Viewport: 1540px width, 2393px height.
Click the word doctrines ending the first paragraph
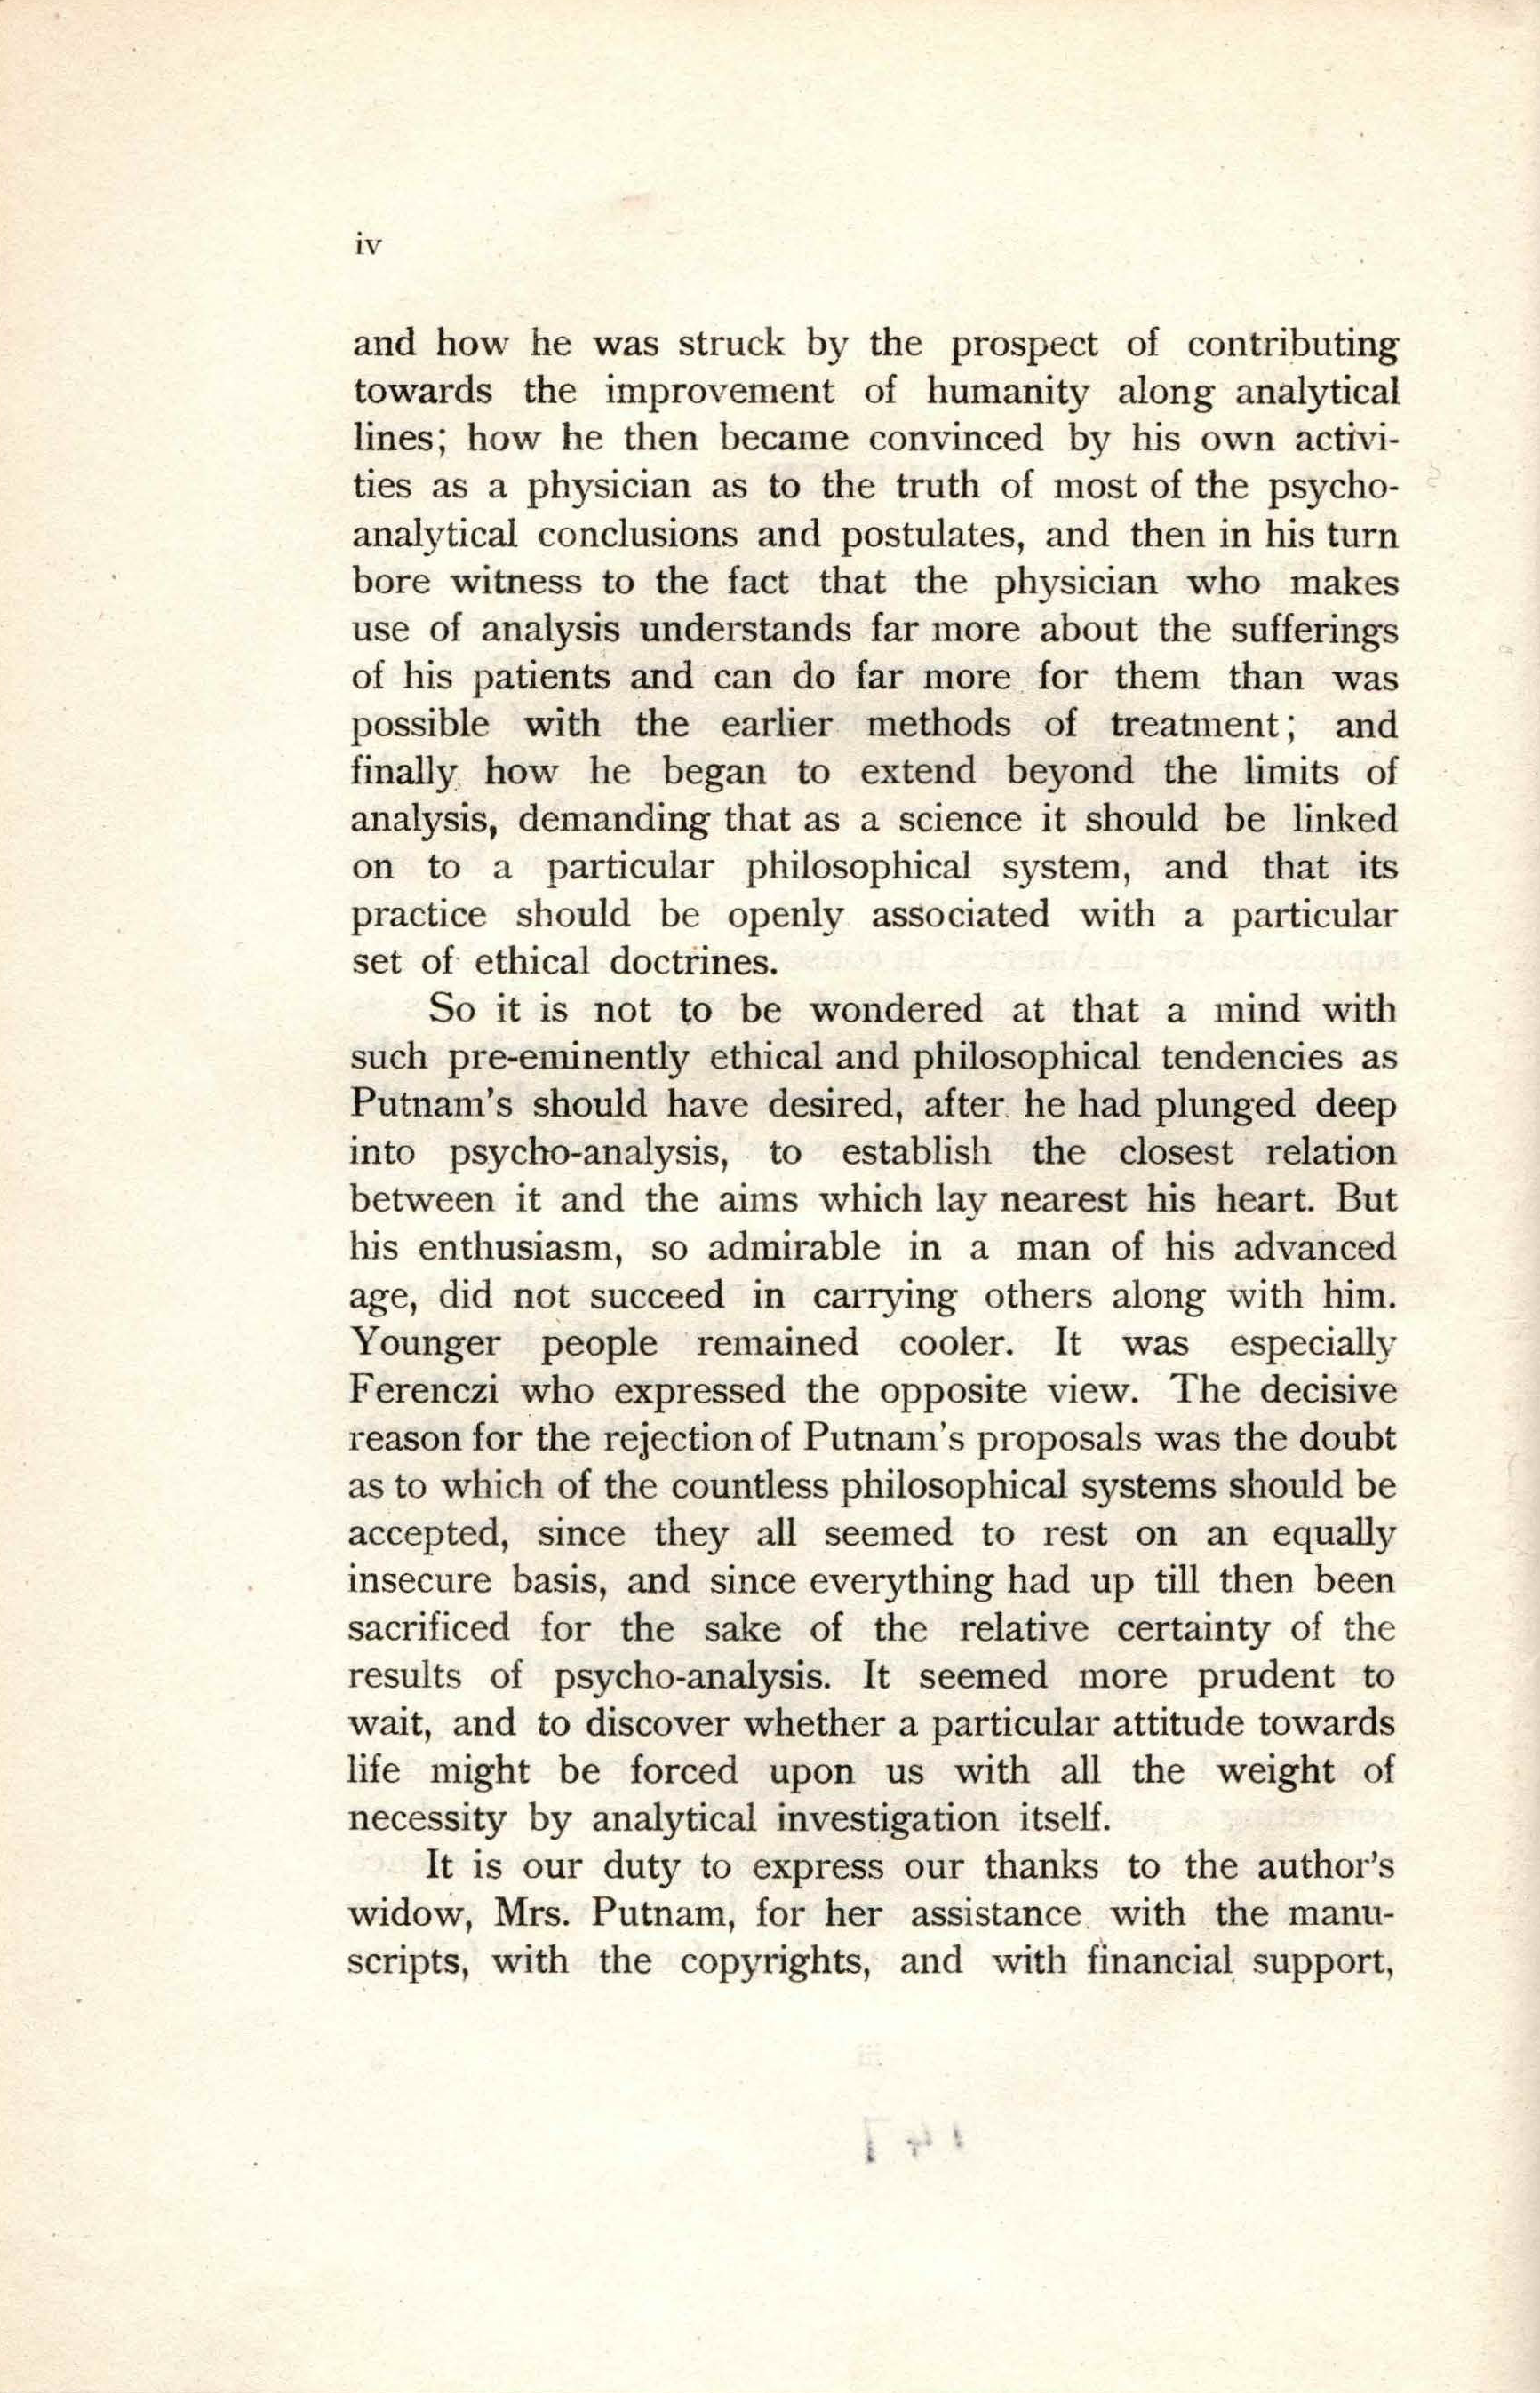pos(691,963)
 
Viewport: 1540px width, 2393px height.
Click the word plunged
pos(1230,1104)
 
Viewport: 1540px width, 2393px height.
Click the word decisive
pos(1329,1390)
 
